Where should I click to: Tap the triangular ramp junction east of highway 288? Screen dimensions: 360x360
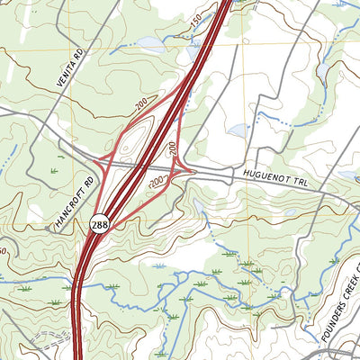point(185,167)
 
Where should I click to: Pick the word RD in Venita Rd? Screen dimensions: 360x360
point(78,53)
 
